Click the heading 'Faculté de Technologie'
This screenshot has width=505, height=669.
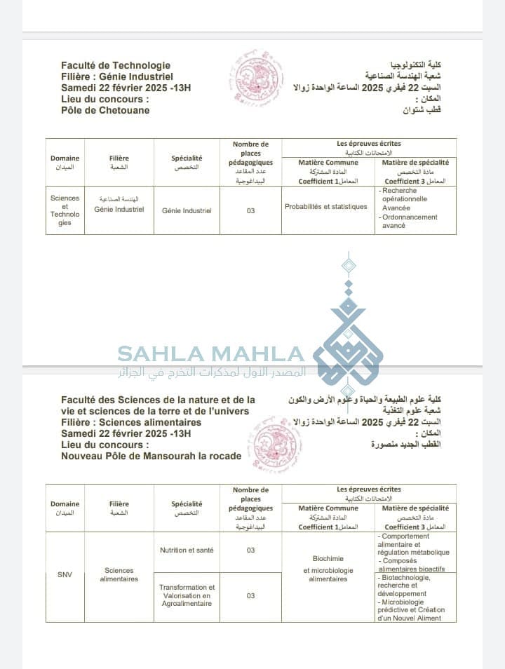pyautogui.click(x=116, y=65)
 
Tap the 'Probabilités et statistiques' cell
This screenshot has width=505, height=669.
pyautogui.click(x=325, y=207)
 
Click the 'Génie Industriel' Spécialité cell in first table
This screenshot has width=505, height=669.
pyautogui.click(x=186, y=210)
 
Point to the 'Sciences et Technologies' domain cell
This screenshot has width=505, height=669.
pyautogui.click(x=65, y=210)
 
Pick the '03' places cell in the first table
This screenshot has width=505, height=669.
pyautogui.click(x=250, y=210)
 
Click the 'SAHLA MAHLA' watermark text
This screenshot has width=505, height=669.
pyautogui.click(x=210, y=353)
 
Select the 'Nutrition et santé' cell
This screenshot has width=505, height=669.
pyautogui.click(x=186, y=550)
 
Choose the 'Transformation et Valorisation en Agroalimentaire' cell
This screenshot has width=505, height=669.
pyautogui.click(x=186, y=595)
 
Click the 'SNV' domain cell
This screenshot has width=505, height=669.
pyautogui.click(x=65, y=575)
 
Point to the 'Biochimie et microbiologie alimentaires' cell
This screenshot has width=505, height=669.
pyautogui.click(x=328, y=569)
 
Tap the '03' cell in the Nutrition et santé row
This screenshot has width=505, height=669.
pyautogui.click(x=250, y=550)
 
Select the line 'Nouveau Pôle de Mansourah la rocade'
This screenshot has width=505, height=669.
pyautogui.click(x=151, y=456)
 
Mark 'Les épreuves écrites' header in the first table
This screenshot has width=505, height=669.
pyautogui.click(x=369, y=144)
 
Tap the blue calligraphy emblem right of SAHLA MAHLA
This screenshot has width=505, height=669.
pyautogui.click(x=349, y=337)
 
